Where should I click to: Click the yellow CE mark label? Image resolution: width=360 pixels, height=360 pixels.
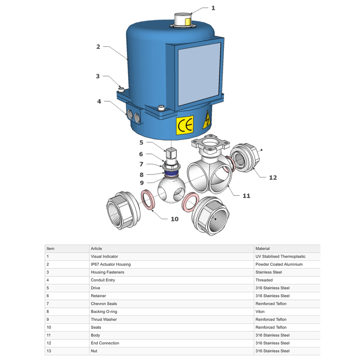click(x=185, y=125)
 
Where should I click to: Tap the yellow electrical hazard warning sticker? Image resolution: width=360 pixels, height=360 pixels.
click(x=206, y=121)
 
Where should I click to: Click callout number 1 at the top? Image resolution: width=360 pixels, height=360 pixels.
click(x=213, y=8)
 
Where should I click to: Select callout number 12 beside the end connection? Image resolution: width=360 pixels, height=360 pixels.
click(x=273, y=177)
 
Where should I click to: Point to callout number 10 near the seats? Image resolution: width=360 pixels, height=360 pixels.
click(x=174, y=219)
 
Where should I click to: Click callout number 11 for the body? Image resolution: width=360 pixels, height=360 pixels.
click(x=247, y=196)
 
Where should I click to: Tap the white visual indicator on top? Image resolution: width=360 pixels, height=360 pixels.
click(x=183, y=20)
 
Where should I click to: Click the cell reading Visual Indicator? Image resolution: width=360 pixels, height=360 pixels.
click(x=104, y=257)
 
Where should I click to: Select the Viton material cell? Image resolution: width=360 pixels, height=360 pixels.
click(x=260, y=312)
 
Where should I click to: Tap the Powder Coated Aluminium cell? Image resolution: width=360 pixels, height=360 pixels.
click(x=279, y=264)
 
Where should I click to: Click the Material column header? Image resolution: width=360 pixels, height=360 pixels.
click(x=262, y=249)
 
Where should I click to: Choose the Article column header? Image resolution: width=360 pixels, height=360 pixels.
click(x=96, y=249)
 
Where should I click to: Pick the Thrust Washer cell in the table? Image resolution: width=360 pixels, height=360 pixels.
click(x=104, y=319)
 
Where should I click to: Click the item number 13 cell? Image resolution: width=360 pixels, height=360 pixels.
click(x=49, y=351)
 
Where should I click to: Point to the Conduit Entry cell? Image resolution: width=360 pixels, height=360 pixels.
click(x=103, y=280)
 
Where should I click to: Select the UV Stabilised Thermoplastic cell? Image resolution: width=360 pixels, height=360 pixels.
click(x=280, y=257)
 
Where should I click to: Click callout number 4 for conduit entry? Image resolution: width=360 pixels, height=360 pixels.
click(x=99, y=101)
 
